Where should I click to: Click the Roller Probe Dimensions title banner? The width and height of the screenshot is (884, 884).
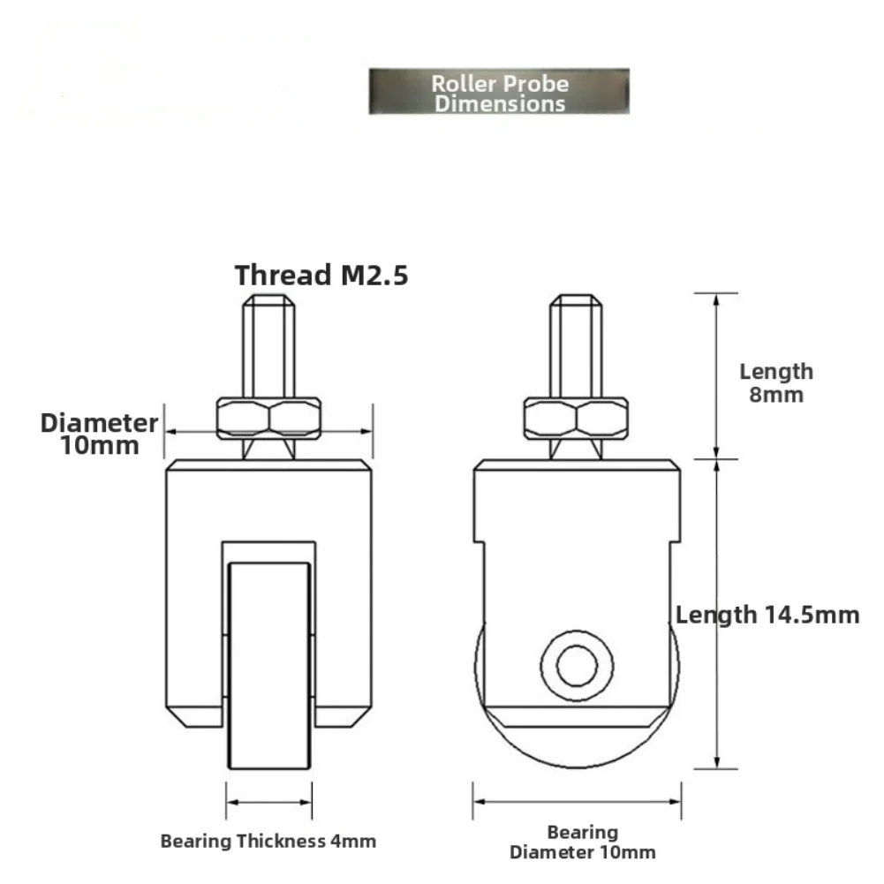coord(499,92)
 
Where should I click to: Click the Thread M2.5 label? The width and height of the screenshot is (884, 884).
coord(321,275)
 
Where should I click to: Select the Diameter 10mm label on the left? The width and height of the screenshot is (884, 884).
coord(98,433)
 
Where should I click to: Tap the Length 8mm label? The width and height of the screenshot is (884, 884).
coord(775,382)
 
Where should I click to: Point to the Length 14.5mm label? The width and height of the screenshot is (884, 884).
coord(767,615)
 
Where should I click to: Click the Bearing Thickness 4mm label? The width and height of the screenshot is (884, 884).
coord(268,841)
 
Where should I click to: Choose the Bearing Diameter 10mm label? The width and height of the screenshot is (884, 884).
coord(582,842)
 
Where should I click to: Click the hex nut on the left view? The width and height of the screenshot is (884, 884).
coord(268,417)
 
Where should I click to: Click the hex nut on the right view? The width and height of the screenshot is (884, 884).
coord(576,417)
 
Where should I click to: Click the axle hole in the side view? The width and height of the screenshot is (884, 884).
coord(576,662)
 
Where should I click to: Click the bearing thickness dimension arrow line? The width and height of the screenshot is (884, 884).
coord(269,802)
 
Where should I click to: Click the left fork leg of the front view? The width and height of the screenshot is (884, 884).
coord(193,618)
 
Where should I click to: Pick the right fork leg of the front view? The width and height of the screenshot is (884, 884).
coord(343,618)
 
